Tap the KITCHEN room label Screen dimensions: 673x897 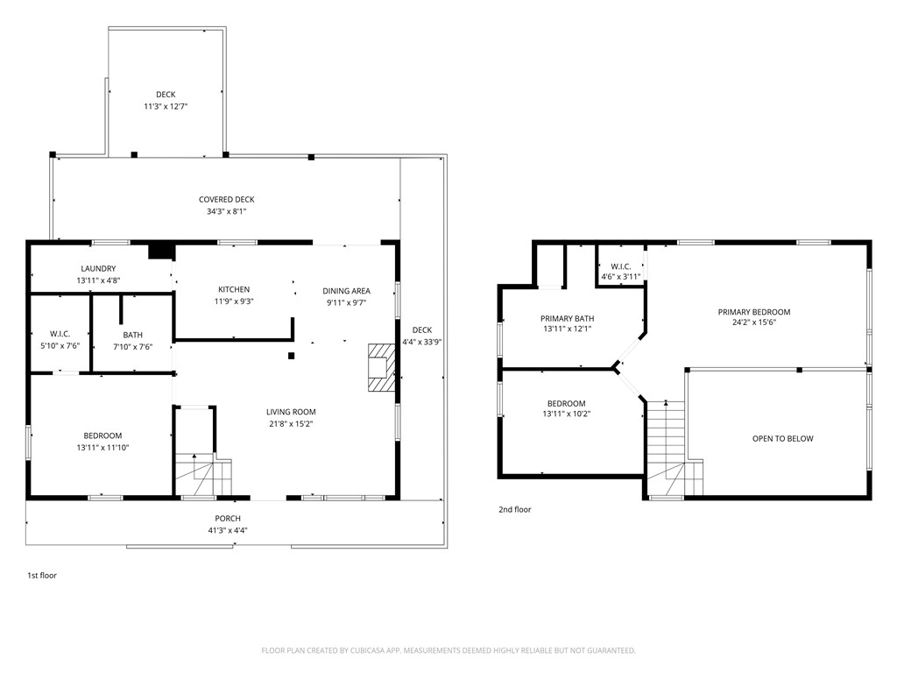pyautogui.click(x=234, y=290)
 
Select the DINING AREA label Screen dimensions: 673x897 pyautogui.click(x=346, y=291)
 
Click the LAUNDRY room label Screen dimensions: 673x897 pyautogui.click(x=98, y=269)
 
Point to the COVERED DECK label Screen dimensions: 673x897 pyautogui.click(x=226, y=200)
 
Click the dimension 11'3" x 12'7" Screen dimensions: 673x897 pyautogui.click(x=166, y=106)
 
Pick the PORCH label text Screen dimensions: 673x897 pyautogui.click(x=228, y=519)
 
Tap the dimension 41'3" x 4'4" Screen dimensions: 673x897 pyautogui.click(x=228, y=529)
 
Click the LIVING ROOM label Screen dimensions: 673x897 pyautogui.click(x=291, y=412)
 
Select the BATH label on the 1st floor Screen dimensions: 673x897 pyautogui.click(x=133, y=335)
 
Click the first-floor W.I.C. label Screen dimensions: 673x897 pyautogui.click(x=60, y=335)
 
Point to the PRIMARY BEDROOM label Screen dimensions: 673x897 pyautogui.click(x=753, y=312)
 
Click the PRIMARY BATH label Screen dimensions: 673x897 pyautogui.click(x=568, y=319)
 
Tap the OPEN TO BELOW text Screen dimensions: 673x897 pyautogui.click(x=782, y=439)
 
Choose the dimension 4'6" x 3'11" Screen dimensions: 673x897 pyautogui.click(x=620, y=277)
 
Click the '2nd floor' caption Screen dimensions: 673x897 pyautogui.click(x=514, y=509)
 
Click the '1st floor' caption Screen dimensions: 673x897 pyautogui.click(x=42, y=576)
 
